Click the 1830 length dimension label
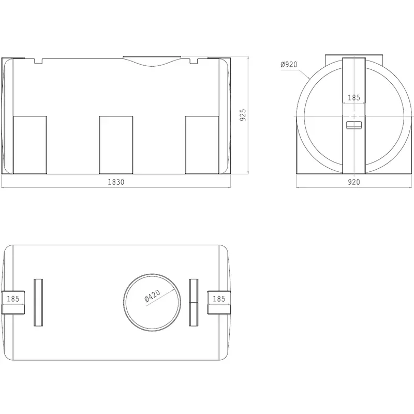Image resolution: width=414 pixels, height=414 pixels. tap(116, 182)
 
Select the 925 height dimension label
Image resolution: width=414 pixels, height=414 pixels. tap(243, 115)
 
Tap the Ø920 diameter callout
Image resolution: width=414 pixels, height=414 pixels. tap(289, 64)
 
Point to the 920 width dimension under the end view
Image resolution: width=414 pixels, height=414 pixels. tap(354, 182)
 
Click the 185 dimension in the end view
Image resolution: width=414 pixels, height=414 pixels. tap(354, 98)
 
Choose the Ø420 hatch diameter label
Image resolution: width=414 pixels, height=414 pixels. tap(152, 295)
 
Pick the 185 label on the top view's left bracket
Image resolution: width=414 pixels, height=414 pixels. tap(13, 299)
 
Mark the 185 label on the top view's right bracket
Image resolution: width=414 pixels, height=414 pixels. tap(219, 299)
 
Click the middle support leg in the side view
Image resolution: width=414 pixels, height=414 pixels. tap(116, 145)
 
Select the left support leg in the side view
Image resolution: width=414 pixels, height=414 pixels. tap(30, 145)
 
